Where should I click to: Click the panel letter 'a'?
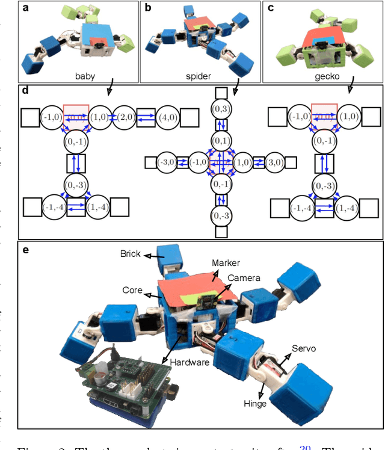point(26,8)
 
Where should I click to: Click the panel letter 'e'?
point(26,248)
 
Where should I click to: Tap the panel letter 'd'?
point(25,91)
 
